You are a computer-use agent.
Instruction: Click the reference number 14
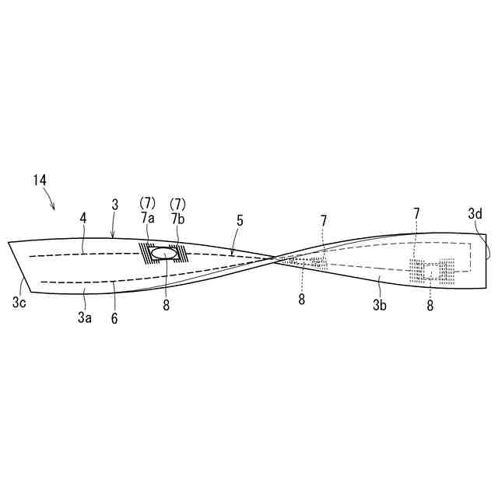[x=40, y=180]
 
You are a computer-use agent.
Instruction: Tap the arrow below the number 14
[x=51, y=205]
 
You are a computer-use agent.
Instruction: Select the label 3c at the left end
[x=19, y=302]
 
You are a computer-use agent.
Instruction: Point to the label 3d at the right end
[x=475, y=212]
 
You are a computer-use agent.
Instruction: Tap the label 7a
[x=148, y=218]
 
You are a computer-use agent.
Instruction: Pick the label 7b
[x=178, y=218]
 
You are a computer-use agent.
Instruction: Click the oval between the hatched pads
[x=163, y=254]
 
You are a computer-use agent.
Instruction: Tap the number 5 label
[x=240, y=221]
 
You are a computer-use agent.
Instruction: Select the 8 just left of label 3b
[x=302, y=299]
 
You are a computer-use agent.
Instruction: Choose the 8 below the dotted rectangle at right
[x=430, y=306]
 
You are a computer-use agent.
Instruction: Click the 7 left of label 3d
[x=416, y=212]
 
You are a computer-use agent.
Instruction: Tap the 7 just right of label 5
[x=324, y=221]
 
